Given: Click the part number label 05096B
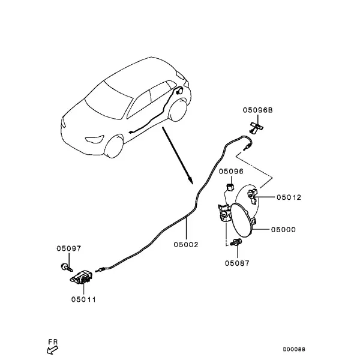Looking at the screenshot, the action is pos(257,110).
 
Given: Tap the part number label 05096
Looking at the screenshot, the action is pos(231,172).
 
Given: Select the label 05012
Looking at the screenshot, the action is pos(289,197).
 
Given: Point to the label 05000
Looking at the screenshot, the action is pos(283,229).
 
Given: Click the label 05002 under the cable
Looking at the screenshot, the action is pos(186,245).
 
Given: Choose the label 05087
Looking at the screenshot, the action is pos(237,263).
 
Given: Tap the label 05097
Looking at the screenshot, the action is pos(69,248).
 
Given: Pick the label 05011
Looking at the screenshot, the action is pos(83,299).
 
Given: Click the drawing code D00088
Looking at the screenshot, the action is pos(294,349).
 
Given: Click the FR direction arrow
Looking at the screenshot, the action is pos(52,350).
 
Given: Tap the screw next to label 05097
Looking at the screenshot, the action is pos(67,268).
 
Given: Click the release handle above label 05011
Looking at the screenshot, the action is pos(81,277).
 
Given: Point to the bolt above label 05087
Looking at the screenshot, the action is pos(236,242).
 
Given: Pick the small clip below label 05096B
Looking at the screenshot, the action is pos(256,127).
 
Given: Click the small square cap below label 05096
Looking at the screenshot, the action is pos(230,187).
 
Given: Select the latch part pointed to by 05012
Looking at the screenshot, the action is pos(253,196).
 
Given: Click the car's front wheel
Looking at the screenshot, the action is pos(114,147).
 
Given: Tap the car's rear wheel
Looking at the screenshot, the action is pos(178,110).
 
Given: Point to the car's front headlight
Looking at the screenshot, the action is pos(95,139).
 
